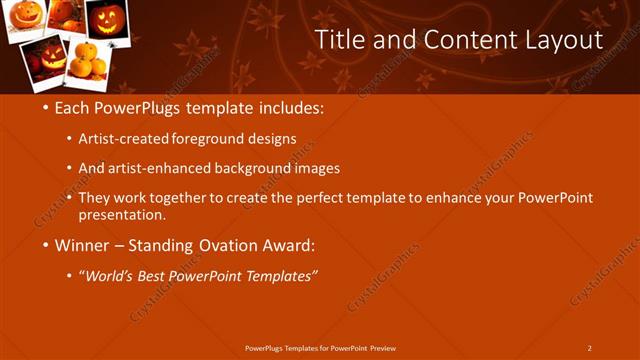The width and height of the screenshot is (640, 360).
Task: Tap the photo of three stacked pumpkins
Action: tap(85, 59)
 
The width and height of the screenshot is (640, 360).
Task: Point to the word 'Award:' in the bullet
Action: tap(286, 245)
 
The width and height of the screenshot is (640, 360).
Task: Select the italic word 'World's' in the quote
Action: tap(111, 276)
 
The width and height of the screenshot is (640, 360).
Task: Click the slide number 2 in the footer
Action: tap(589, 347)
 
